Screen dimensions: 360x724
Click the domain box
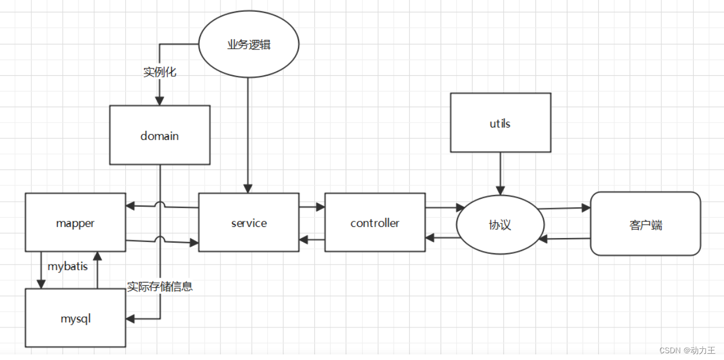(159, 135)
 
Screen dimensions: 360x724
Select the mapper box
(75, 222)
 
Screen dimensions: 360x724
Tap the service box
(249, 222)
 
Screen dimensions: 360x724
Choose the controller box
(374, 222)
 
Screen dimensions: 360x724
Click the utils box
(500, 122)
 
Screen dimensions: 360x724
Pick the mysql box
(75, 318)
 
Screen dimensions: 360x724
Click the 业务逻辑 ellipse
(249, 44)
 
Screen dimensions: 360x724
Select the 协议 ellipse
(500, 225)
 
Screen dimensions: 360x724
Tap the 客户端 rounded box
(645, 224)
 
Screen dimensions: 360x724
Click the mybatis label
(67, 266)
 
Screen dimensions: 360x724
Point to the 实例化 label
(159, 72)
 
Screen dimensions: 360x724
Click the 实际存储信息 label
(160, 286)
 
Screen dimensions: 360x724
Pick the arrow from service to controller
(311, 207)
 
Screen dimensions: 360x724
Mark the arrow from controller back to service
(311, 240)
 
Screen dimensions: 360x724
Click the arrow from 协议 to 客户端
(564, 208)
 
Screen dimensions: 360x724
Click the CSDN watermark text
(688, 350)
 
